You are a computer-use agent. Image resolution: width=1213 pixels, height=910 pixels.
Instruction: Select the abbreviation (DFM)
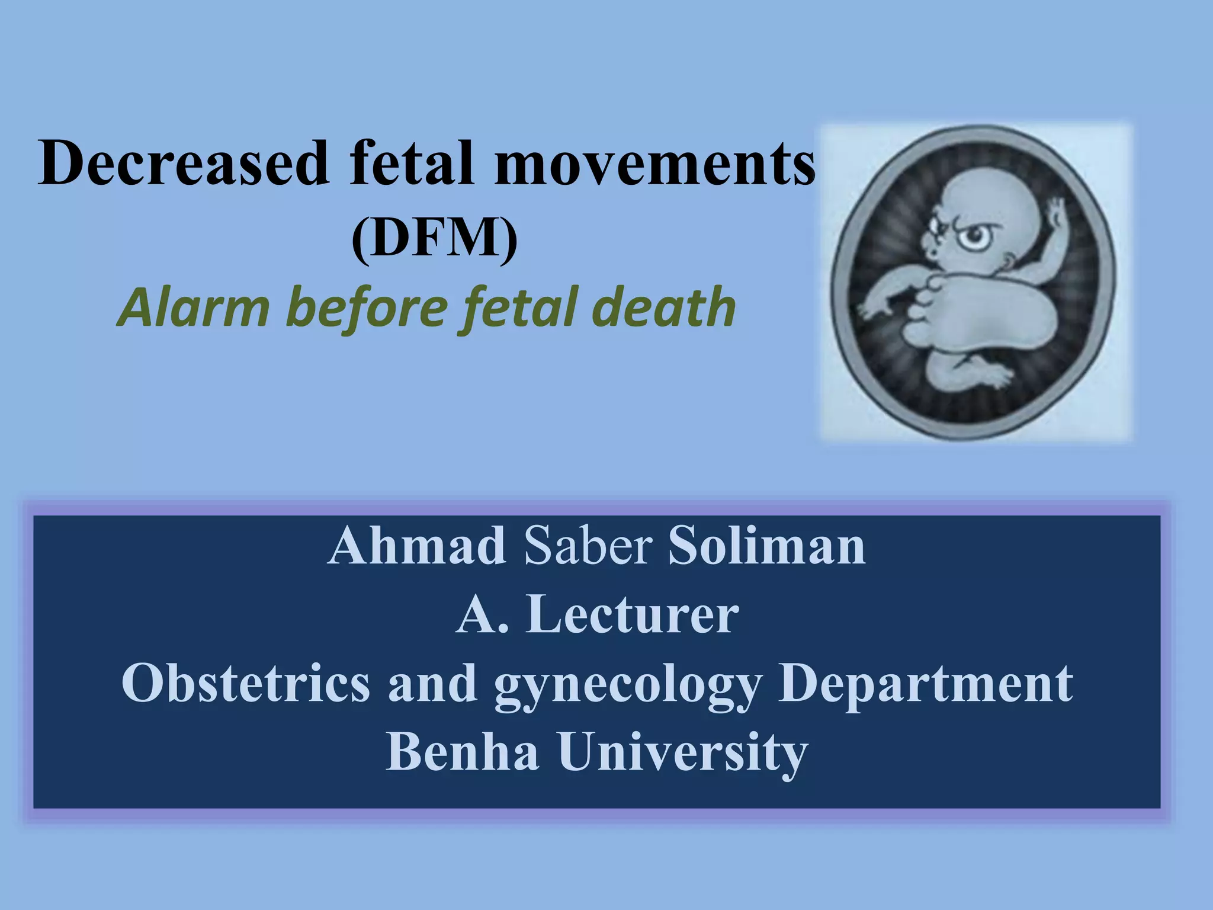point(434,240)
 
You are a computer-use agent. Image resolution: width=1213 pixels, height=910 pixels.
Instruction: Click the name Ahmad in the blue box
point(416,547)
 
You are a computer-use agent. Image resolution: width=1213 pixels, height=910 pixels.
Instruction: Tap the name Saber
point(588,547)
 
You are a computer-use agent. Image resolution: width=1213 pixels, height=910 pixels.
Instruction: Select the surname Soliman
point(766,547)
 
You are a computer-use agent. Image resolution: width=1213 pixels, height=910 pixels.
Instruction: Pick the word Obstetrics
point(245,684)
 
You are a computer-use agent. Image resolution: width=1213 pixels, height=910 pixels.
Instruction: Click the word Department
point(925,685)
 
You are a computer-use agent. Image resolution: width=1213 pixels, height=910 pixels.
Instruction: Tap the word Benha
point(463,752)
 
